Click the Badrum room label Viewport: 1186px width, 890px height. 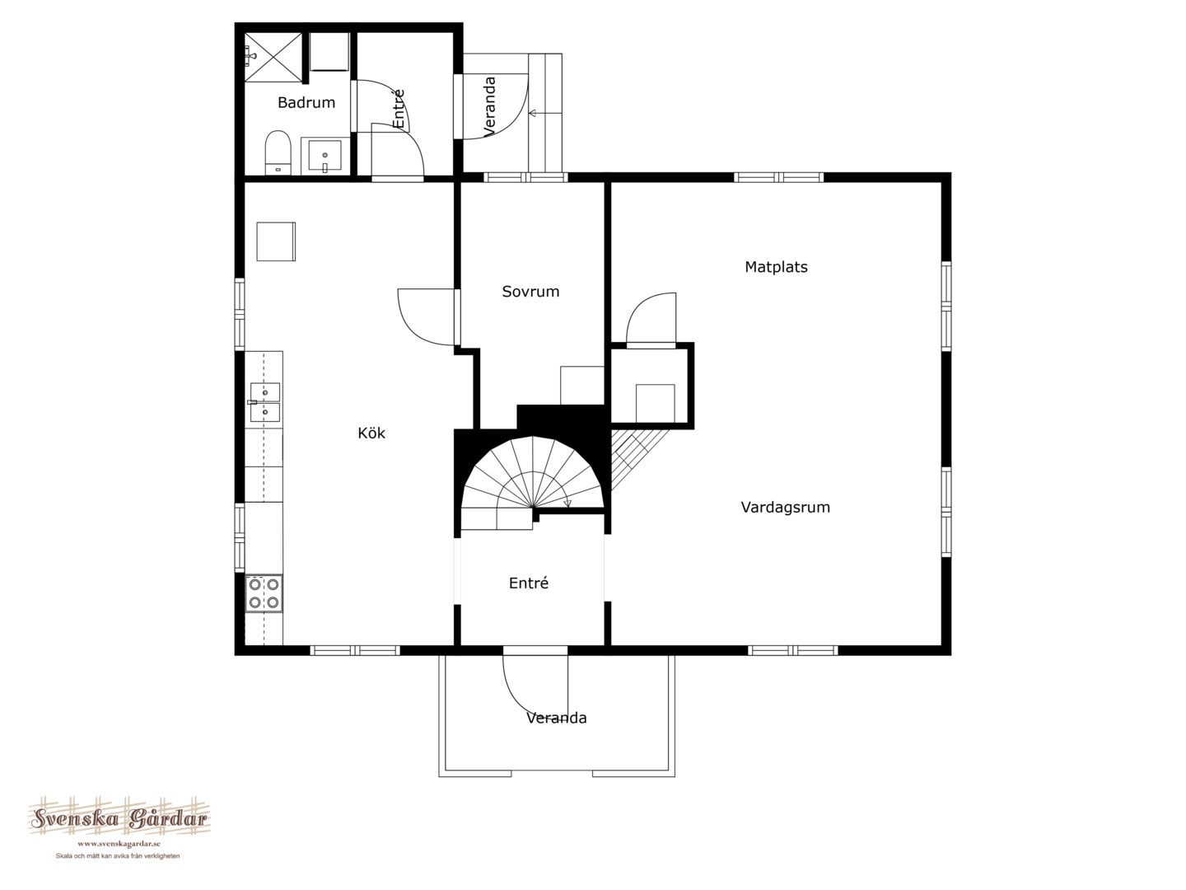pos(306,102)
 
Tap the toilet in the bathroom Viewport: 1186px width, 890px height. pos(278,152)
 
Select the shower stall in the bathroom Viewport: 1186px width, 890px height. pos(273,58)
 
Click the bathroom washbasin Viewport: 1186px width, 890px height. pos(325,156)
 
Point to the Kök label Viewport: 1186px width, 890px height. pos(371,433)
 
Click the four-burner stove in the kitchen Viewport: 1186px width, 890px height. pos(264,593)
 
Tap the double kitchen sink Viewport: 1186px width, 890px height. pos(264,402)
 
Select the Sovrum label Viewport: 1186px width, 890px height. pos(530,292)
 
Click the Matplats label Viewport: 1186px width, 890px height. pos(776,267)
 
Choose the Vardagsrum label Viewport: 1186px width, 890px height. pos(785,508)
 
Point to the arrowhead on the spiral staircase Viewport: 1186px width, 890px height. pos(567,504)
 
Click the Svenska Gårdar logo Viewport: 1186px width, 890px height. pos(119,817)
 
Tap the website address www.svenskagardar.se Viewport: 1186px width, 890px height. pos(119,844)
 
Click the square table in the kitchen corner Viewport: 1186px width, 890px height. pos(276,241)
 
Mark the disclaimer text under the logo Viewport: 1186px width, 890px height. pos(118,856)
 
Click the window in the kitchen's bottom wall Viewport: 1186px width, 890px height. pos(354,651)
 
